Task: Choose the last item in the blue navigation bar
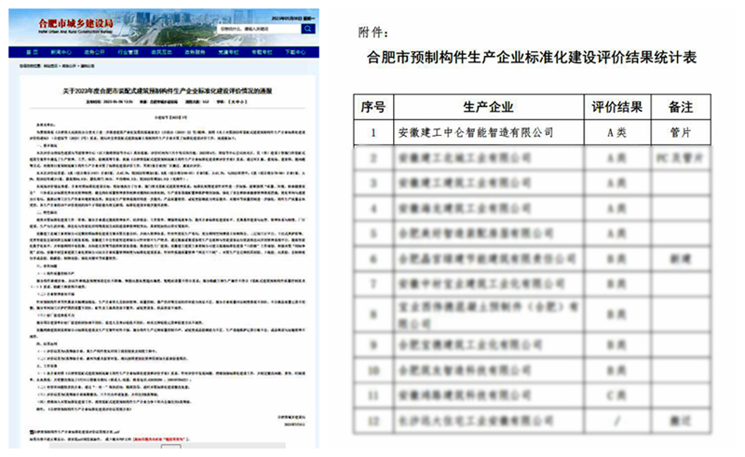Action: click(x=296, y=53)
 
